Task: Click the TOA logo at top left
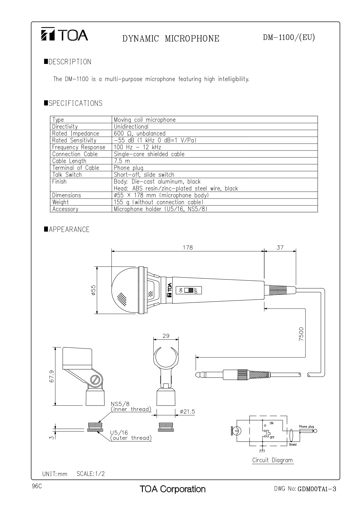(x=64, y=35)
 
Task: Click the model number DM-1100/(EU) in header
(x=289, y=37)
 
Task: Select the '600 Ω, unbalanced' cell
(x=140, y=133)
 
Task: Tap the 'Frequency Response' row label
(x=79, y=147)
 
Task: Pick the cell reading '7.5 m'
(x=122, y=161)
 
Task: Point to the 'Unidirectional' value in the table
(x=131, y=126)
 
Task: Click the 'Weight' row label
(x=60, y=202)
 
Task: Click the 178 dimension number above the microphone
(x=188, y=248)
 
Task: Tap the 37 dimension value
(x=280, y=248)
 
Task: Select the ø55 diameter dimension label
(x=93, y=290)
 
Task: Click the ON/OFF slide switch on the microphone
(x=190, y=290)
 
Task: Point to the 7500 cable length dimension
(x=301, y=334)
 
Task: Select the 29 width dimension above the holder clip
(x=166, y=336)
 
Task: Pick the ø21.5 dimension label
(x=187, y=411)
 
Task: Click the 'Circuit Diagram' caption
(x=272, y=460)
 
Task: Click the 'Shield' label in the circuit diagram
(x=293, y=445)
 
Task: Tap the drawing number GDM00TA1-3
(x=317, y=489)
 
